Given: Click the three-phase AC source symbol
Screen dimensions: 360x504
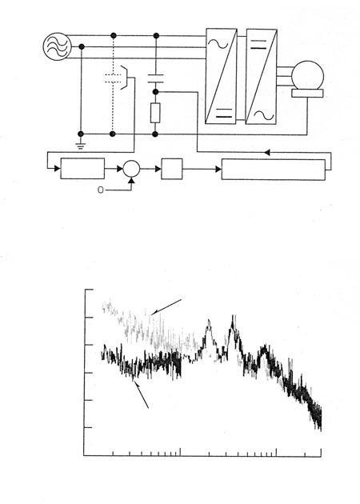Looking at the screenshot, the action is tap(57, 46).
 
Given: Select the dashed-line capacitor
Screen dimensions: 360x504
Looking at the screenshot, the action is tap(113, 78).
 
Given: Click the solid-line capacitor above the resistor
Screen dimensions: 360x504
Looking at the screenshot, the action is tap(156, 78).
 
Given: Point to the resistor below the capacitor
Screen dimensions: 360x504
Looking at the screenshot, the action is tap(155, 113).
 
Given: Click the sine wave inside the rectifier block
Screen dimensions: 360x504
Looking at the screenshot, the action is tap(218, 44).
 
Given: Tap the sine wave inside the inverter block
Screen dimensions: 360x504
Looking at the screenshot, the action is tap(264, 115).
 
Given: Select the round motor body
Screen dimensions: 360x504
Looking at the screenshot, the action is tap(308, 76).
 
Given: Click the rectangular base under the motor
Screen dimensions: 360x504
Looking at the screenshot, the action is tap(307, 94).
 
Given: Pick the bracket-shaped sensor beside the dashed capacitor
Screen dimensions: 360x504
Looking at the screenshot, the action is tap(124, 78).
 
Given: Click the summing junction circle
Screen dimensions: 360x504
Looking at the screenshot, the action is tap(131, 169).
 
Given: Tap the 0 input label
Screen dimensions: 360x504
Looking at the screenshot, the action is tap(101, 190).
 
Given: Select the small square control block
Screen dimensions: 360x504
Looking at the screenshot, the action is tap(172, 169).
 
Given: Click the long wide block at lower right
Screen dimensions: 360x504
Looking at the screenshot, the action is tap(274, 170).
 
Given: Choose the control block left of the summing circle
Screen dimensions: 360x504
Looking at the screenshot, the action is tap(82, 169).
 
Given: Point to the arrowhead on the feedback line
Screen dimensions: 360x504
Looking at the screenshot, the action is tap(266, 152).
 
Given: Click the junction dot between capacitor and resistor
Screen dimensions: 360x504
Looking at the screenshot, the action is tap(155, 92).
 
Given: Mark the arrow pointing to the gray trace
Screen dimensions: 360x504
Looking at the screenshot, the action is tap(166, 307).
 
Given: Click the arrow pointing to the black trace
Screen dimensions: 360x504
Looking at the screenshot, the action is tap(141, 394).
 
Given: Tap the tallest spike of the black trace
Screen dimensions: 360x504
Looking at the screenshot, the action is tap(233, 316).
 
